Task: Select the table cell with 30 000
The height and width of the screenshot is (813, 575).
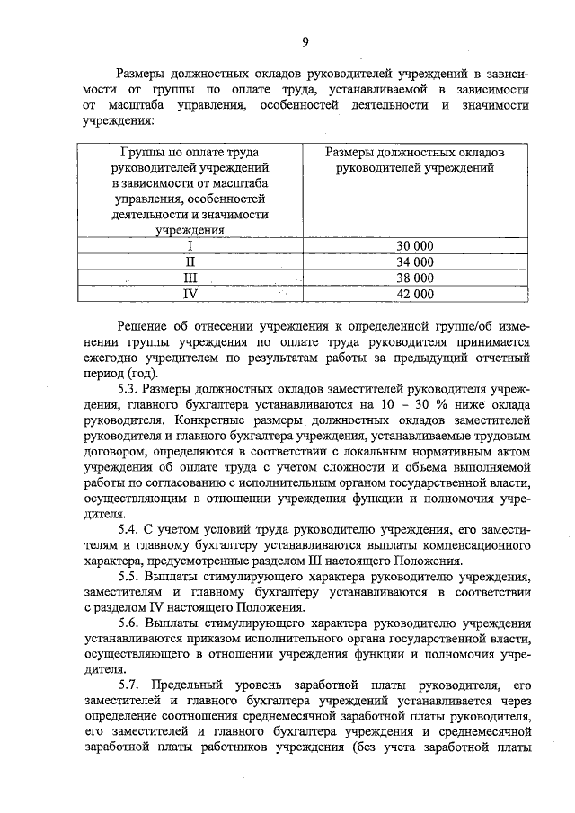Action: (x=414, y=245)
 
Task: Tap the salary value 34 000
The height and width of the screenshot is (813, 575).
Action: (x=414, y=261)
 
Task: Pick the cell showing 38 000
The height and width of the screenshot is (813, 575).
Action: (x=414, y=277)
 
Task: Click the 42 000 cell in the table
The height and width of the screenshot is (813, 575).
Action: (x=414, y=293)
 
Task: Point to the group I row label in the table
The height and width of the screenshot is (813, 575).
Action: (x=190, y=245)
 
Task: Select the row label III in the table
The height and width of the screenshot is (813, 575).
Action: (x=190, y=277)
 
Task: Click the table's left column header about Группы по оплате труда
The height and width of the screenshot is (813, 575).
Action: (x=190, y=190)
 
